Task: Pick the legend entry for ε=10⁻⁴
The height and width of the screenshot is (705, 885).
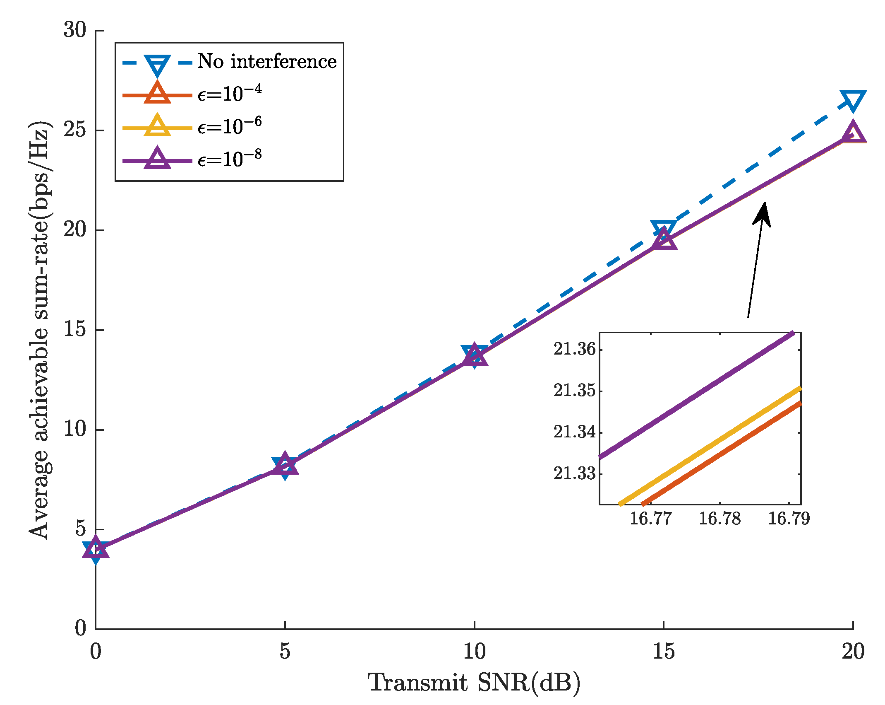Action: [230, 94]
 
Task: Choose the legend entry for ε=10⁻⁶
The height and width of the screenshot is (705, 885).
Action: [230, 126]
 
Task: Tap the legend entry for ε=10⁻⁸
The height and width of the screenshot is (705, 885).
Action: [230, 159]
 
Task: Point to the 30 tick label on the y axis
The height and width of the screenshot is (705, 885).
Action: [75, 30]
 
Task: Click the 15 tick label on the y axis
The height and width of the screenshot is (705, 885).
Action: [75, 330]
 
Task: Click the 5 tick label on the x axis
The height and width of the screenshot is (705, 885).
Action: [285, 652]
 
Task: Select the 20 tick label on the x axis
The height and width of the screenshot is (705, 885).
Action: [853, 652]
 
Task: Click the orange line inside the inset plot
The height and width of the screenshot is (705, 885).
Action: [722, 454]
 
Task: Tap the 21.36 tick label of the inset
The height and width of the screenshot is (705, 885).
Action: [575, 349]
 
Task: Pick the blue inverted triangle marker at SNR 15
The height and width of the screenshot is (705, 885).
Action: [664, 228]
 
